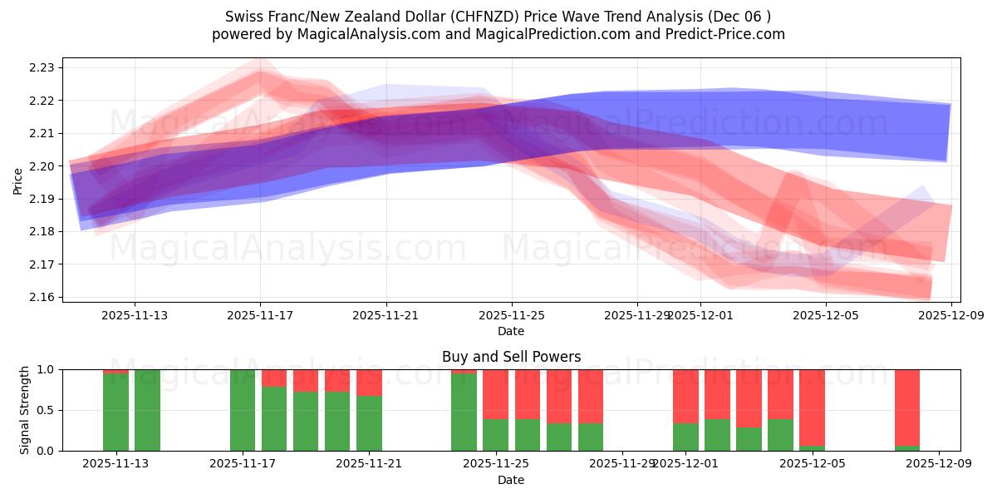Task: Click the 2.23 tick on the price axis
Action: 42,67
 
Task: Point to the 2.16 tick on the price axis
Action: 42,297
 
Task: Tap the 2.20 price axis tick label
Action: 42,166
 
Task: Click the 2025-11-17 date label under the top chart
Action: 260,315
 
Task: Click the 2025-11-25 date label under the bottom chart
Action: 495,464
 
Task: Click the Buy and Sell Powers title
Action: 511,357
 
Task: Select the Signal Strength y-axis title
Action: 25,409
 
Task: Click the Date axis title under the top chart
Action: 511,331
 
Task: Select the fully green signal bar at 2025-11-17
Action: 243,410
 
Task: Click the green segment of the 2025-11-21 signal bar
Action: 369,424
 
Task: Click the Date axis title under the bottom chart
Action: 511,480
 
